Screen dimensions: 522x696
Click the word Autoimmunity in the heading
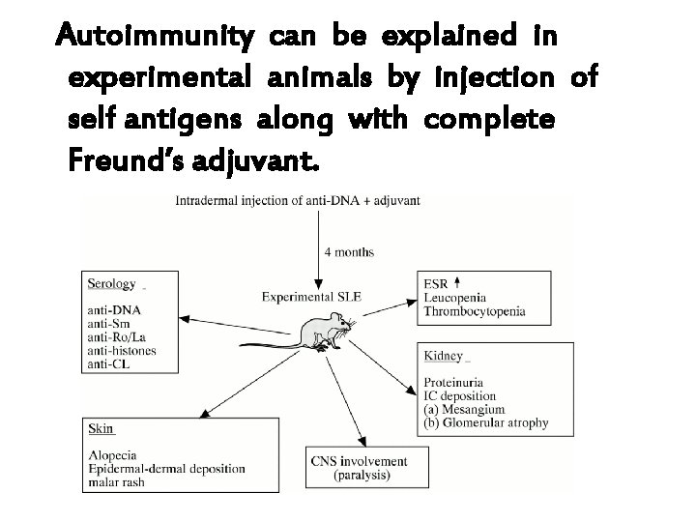pyautogui.click(x=156, y=38)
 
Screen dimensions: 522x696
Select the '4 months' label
pyautogui.click(x=349, y=252)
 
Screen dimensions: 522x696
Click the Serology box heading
pyautogui.click(x=111, y=283)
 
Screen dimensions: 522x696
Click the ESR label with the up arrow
pyautogui.click(x=440, y=283)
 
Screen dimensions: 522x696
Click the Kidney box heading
pyautogui.click(x=443, y=356)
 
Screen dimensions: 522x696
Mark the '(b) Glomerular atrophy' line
pyautogui.click(x=485, y=422)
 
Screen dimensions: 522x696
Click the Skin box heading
pyautogui.click(x=101, y=427)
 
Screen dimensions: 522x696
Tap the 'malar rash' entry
pyautogui.click(x=116, y=481)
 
